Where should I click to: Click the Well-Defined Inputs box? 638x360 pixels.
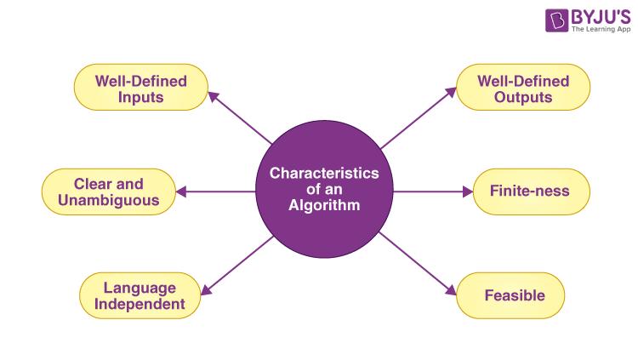[140, 88]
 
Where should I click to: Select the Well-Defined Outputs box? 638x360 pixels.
[523, 88]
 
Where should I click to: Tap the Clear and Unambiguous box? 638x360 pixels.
[108, 191]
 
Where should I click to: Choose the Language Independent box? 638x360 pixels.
[140, 295]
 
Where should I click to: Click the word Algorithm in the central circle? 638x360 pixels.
[323, 205]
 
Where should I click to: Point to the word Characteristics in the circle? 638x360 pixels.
[324, 174]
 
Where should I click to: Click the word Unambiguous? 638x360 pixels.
[108, 200]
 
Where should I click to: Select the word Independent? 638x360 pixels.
[140, 304]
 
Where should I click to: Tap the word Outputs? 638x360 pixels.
[523, 96]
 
